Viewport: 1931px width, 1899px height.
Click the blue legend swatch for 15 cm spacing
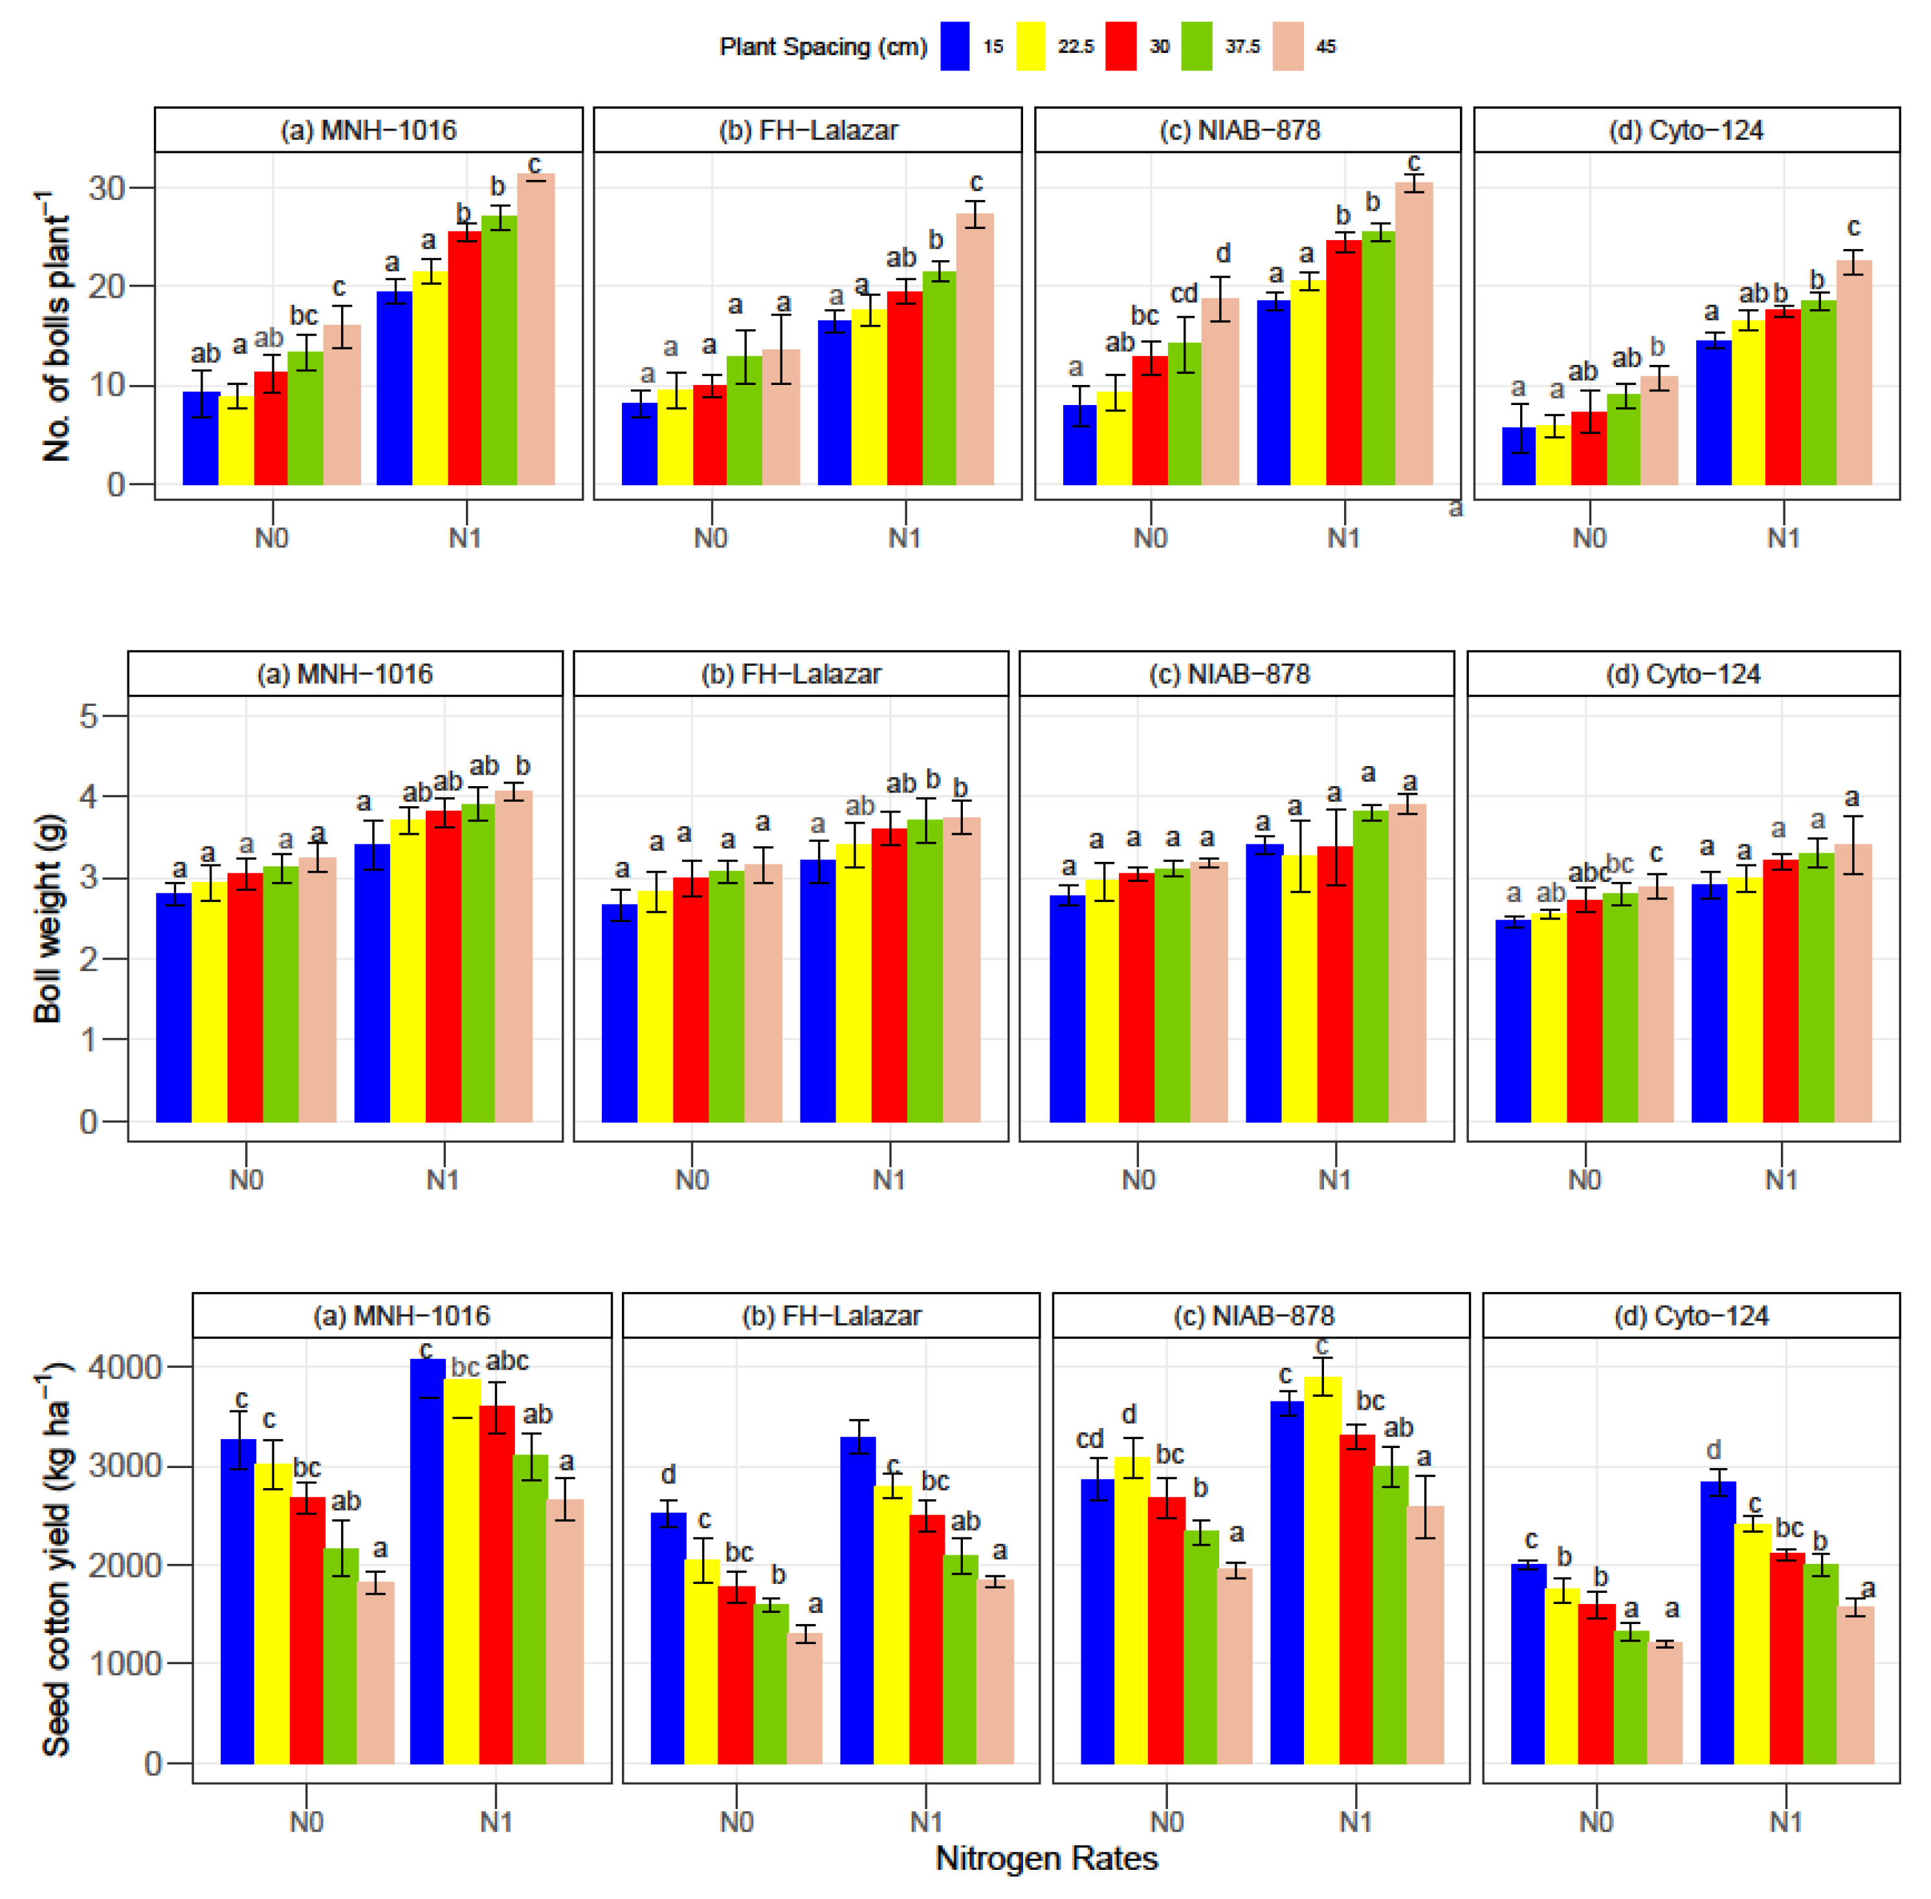954,47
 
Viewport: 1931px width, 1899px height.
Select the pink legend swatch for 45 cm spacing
1288,47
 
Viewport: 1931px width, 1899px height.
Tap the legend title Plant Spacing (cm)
823,47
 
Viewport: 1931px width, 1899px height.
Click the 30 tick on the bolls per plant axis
107,188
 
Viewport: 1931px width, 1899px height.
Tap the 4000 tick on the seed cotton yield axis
125,1367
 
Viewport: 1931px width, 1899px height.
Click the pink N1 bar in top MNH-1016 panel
536,329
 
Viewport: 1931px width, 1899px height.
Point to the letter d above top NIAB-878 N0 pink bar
1223,254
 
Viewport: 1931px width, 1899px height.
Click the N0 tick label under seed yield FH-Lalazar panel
736,1822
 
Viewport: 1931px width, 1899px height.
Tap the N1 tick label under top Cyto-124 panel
1783,538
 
